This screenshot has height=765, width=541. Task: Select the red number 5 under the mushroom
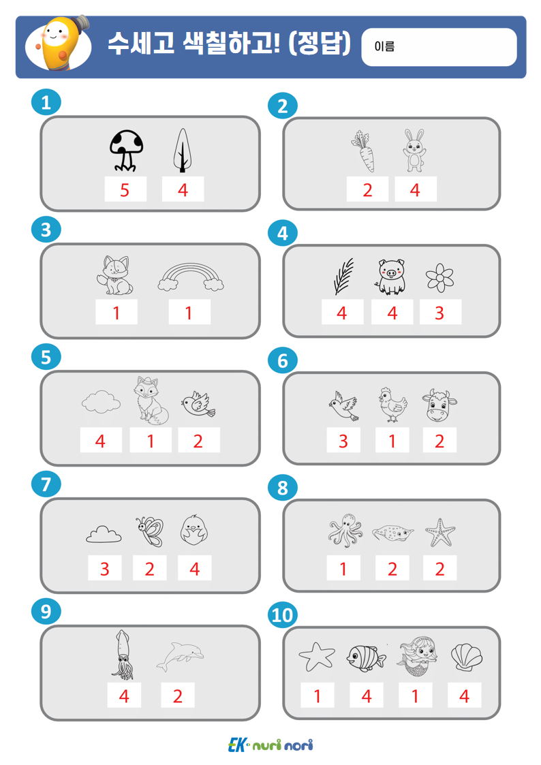[125, 190]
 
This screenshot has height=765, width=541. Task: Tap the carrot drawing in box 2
[363, 151]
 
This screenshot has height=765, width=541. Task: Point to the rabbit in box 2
[414, 151]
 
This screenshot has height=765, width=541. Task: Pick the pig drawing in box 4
[391, 277]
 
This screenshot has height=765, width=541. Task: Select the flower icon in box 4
[439, 278]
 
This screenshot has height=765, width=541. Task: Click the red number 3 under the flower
[439, 313]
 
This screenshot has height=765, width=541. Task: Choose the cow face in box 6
[439, 405]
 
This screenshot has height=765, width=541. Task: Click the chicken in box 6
[393, 405]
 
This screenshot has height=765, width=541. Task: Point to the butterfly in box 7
[149, 531]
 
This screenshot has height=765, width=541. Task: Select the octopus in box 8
[345, 530]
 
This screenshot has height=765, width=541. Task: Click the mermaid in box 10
[416, 657]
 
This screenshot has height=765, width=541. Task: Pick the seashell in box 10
[466, 657]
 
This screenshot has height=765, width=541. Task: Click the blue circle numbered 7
[46, 484]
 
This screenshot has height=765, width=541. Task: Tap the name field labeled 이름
[439, 47]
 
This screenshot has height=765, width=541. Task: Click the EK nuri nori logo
[270, 745]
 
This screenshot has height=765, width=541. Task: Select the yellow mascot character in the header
[60, 44]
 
